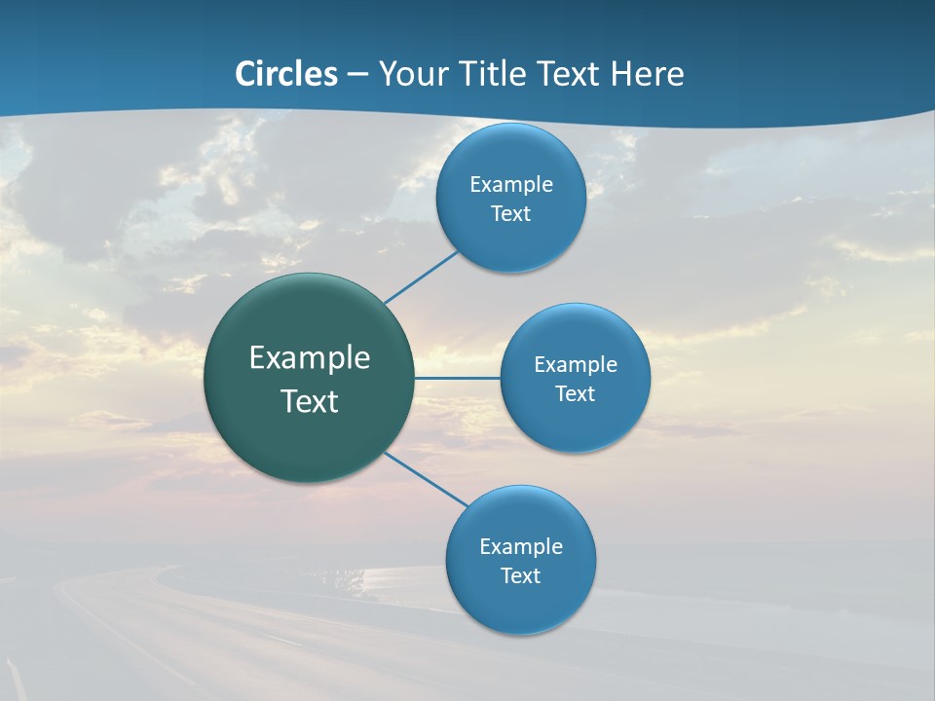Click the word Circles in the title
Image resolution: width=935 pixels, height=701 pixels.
click(286, 74)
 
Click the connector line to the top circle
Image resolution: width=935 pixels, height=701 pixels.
click(421, 277)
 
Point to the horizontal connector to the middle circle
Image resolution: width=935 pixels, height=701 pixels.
click(457, 378)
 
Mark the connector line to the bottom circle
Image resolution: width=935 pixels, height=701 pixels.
click(427, 479)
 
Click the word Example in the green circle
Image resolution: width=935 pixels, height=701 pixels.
click(310, 358)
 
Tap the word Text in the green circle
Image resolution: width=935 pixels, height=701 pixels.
click(310, 401)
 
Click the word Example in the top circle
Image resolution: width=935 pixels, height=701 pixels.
click(511, 185)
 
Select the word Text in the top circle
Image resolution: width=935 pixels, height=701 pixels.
click(511, 214)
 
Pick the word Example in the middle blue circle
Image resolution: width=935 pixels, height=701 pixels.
click(576, 365)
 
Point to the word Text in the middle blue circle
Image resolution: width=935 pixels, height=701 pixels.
click(576, 394)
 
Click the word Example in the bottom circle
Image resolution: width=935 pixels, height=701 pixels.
click(521, 547)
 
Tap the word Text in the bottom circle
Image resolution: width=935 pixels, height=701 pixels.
click(521, 576)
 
